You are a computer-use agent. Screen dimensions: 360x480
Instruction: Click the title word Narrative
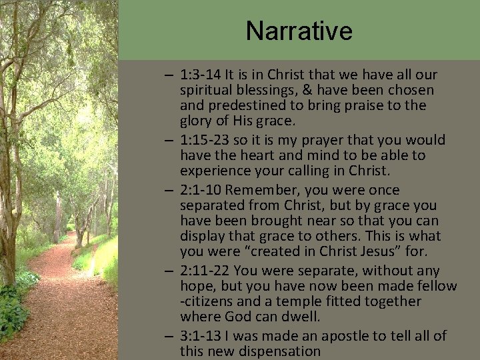coord(299,30)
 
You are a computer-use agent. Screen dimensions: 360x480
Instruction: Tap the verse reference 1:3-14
coord(201,75)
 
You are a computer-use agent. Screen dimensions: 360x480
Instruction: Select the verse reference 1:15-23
coord(205,139)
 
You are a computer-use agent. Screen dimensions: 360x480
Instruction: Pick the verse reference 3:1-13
coord(201,335)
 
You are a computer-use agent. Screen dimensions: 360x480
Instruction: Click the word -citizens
coord(209,302)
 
